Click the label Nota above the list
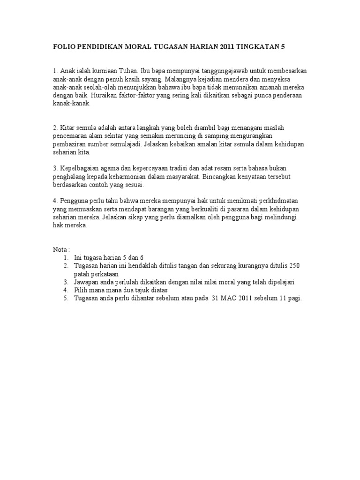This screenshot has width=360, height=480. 60,249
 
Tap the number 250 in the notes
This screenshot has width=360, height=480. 294,265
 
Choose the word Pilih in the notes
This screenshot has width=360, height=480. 81,290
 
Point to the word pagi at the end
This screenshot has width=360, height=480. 295,298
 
